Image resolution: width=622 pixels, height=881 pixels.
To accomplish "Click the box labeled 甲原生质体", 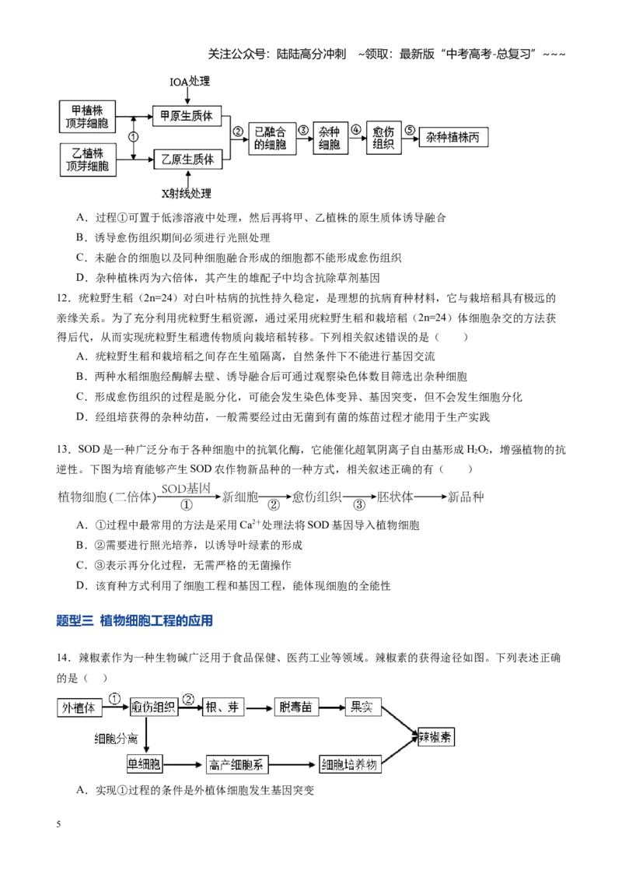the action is [x=187, y=116].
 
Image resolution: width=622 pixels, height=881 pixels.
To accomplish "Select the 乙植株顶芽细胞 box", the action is [x=88, y=160].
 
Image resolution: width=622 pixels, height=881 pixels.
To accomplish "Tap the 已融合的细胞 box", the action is [x=271, y=139].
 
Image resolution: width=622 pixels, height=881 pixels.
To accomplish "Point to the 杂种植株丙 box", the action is [x=453, y=137].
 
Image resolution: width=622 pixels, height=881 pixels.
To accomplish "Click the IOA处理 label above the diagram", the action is [x=190, y=82].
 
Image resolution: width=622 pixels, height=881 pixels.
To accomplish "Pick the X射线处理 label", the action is [x=187, y=194].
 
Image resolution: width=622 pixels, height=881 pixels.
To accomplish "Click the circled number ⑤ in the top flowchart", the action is [x=411, y=130].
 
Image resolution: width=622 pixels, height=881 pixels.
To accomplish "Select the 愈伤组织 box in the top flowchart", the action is [x=383, y=138].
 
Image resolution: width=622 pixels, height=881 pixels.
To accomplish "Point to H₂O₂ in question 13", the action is [x=478, y=450].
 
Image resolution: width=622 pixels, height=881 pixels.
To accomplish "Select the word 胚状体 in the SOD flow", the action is [x=395, y=497].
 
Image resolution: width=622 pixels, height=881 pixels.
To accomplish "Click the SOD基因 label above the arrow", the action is [x=186, y=489].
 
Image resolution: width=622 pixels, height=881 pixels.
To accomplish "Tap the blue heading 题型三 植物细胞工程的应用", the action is [x=135, y=621].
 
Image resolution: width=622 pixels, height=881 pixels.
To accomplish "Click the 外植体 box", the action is [x=80, y=707].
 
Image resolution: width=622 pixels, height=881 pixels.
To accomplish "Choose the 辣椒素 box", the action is [x=436, y=736].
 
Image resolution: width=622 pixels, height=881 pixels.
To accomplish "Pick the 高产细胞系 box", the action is [x=236, y=764].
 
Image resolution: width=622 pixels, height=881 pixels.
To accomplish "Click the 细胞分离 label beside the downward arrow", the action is [x=116, y=739].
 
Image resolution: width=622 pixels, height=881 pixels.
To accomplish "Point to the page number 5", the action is [x=58, y=824].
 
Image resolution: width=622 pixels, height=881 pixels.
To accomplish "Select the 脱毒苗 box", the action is [x=296, y=707].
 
